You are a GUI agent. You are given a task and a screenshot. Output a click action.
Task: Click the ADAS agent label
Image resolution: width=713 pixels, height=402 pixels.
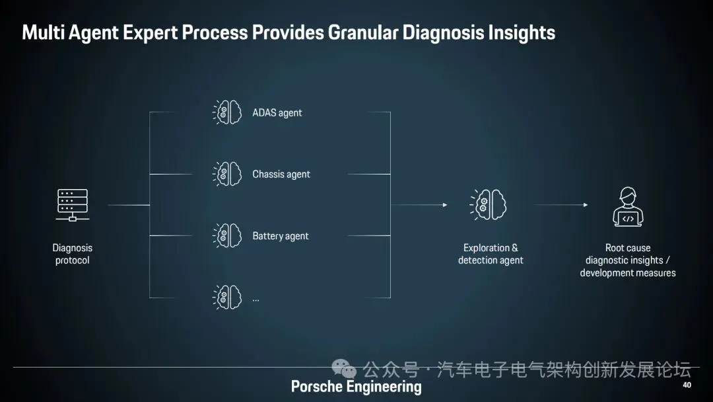(x=277, y=113)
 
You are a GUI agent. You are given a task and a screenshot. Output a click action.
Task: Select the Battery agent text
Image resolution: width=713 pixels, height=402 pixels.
(x=280, y=236)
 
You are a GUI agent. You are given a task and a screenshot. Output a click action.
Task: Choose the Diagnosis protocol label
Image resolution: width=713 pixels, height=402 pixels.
(x=73, y=254)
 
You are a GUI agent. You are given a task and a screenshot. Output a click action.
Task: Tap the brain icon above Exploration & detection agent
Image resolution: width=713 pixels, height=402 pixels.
(x=489, y=205)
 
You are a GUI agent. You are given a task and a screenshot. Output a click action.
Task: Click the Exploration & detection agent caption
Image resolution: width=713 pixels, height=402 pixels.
(x=491, y=254)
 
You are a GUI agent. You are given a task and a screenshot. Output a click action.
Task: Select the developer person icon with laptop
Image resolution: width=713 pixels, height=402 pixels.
(x=628, y=206)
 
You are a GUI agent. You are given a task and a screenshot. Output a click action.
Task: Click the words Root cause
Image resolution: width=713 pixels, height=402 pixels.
(x=628, y=248)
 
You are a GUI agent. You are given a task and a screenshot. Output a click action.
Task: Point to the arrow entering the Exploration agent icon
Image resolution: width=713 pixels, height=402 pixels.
(x=444, y=205)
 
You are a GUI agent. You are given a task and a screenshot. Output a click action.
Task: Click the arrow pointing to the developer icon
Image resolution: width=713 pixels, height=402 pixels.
(x=584, y=205)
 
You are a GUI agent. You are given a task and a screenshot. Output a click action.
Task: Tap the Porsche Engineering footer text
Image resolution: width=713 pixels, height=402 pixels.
(x=356, y=387)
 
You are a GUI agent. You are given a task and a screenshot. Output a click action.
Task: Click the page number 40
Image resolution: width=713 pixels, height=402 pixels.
(x=687, y=385)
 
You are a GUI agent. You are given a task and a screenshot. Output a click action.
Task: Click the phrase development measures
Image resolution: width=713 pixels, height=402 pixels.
(x=628, y=272)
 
